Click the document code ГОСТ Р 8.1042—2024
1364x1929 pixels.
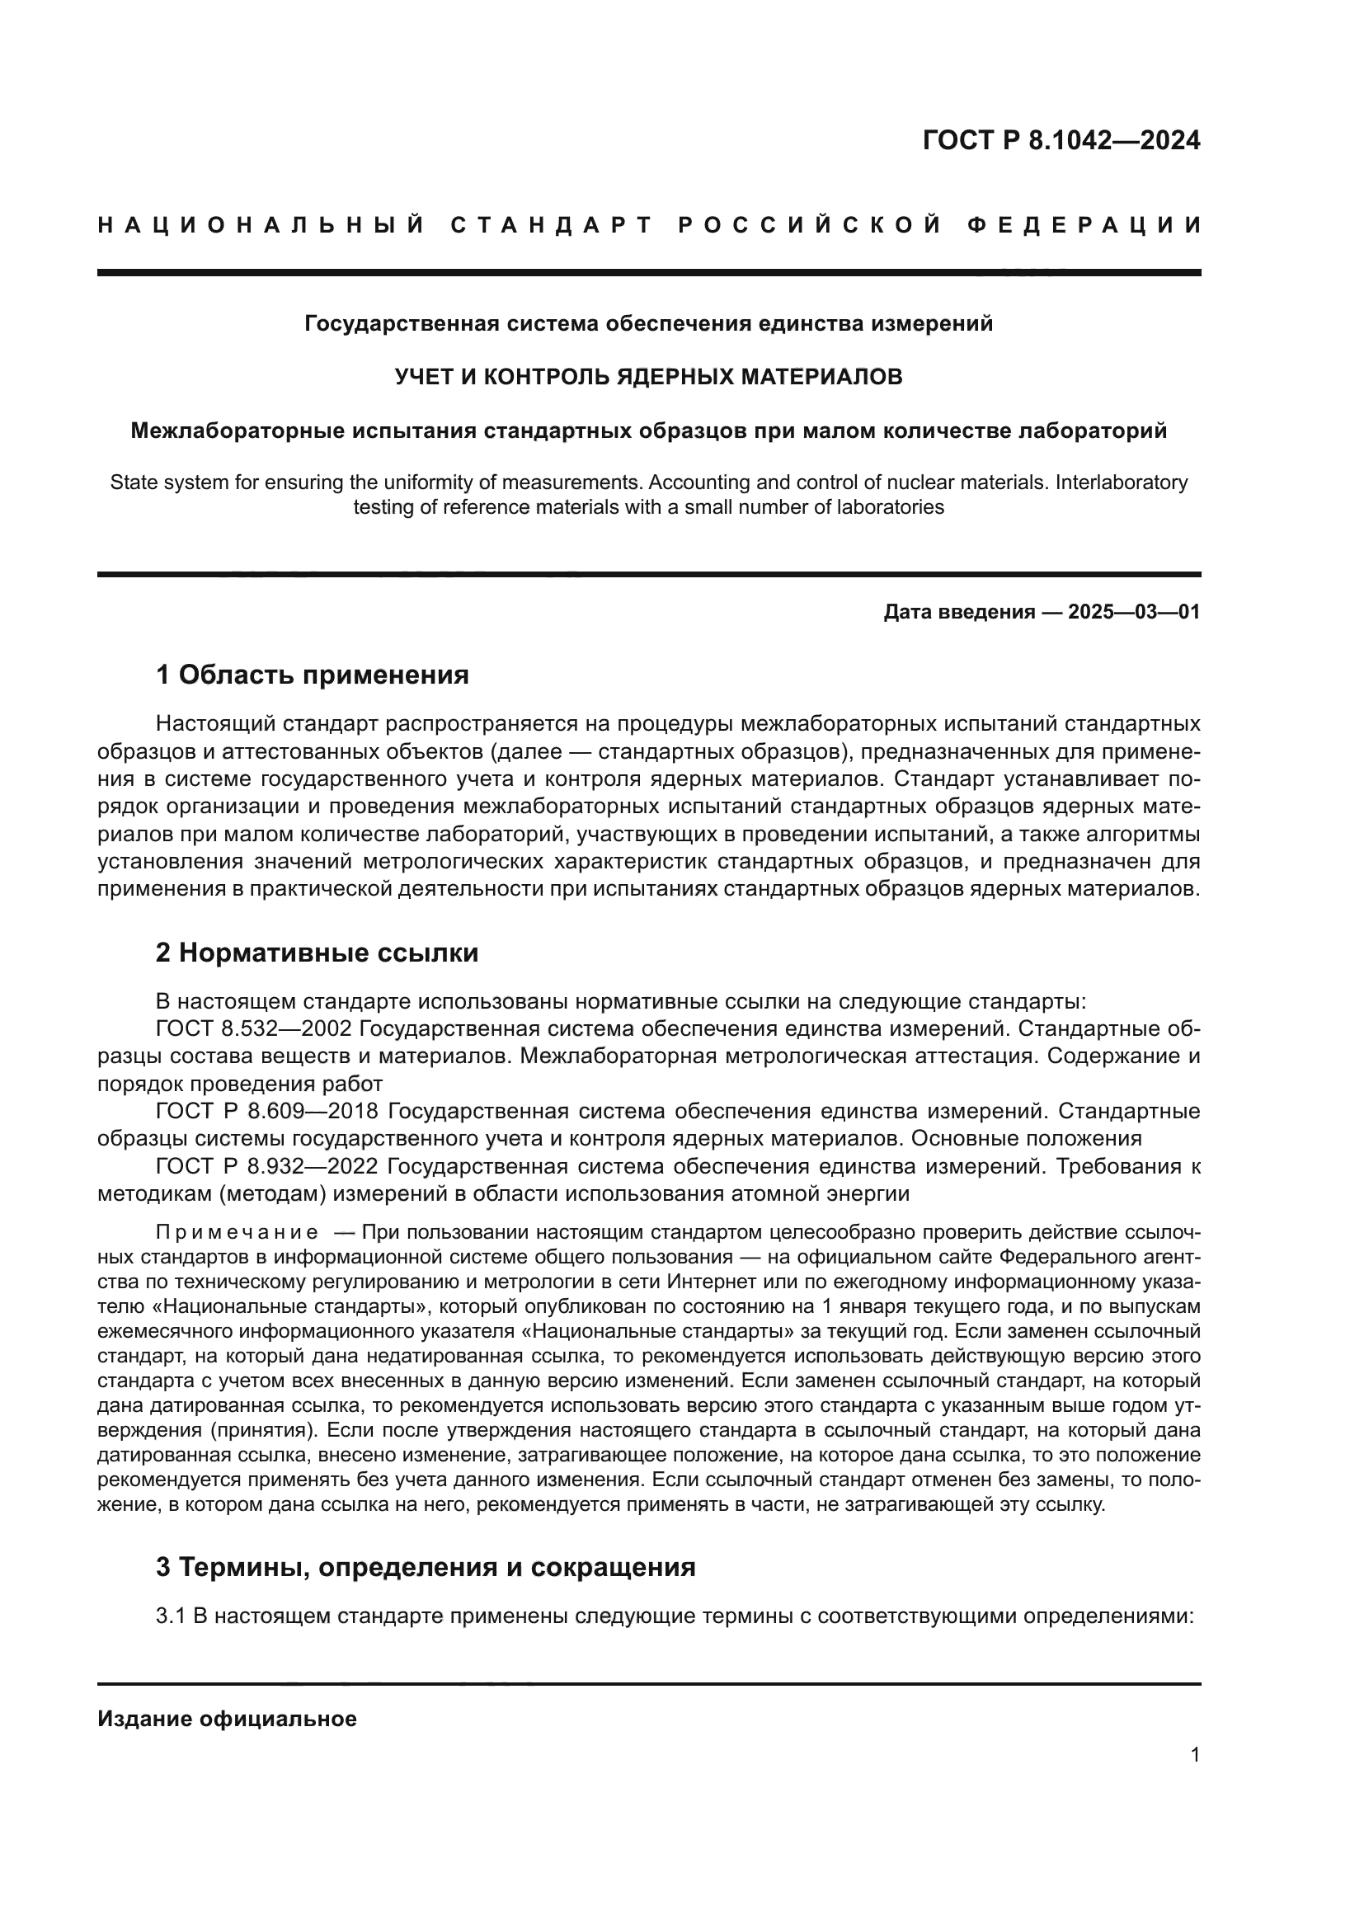pos(1061,140)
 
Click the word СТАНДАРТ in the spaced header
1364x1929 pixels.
pos(552,225)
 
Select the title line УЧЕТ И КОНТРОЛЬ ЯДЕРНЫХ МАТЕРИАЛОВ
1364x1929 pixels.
pos(648,377)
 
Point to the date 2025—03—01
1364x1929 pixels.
pos(1134,612)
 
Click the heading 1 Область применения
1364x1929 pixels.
pos(312,674)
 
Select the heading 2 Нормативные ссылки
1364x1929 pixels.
pos(317,953)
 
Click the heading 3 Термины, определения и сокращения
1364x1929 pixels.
pos(425,1567)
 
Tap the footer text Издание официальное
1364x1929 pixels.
pos(227,1719)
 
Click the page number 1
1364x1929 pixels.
pos(1194,1755)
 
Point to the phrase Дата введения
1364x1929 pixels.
pos(958,612)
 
